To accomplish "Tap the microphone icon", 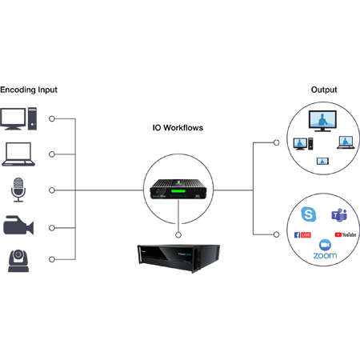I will (18, 190).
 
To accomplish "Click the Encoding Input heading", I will (29, 90).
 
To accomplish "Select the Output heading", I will (323, 90).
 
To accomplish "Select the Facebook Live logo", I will (303, 235).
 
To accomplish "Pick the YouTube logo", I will (344, 235).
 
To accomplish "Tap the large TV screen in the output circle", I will (322, 122).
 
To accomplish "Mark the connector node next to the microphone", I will (53, 190).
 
